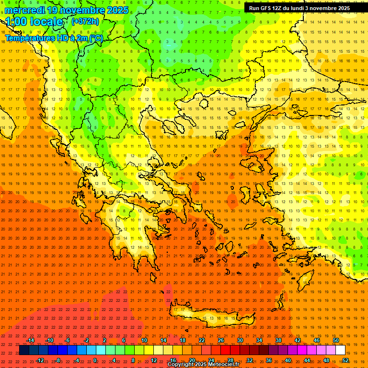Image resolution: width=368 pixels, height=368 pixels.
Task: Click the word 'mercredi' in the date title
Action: tap(25, 10)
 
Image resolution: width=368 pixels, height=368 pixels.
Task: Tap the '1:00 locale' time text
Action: tap(34, 22)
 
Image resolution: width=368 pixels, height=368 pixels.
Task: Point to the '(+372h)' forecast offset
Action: tap(85, 22)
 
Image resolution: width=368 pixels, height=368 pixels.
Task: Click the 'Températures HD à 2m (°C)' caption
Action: tap(54, 38)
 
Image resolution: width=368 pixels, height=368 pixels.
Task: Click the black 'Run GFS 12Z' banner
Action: tap(305, 8)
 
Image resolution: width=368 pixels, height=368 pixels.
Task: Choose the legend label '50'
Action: tap(335, 340)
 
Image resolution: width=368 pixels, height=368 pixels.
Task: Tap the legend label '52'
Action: tap(345, 360)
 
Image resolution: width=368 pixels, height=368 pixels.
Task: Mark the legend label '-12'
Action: tap(40, 360)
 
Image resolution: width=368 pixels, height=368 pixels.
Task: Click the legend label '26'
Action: tap(220, 340)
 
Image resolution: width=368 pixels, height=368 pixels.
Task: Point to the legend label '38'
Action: tap(278, 340)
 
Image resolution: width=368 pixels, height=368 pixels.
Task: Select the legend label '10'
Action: tap(144, 340)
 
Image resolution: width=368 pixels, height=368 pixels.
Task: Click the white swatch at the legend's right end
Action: tap(341, 350)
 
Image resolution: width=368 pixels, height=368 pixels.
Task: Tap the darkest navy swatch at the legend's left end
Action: tap(24, 350)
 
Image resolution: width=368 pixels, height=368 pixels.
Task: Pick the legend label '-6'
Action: tap(68, 340)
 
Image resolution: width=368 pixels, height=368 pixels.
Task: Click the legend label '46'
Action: tap(316, 340)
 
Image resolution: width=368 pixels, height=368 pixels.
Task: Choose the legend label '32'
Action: tap(249, 360)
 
